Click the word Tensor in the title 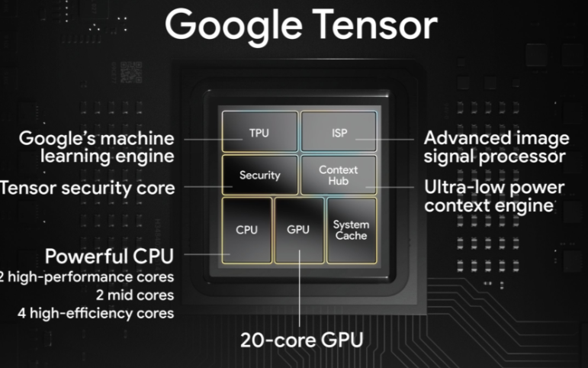tap(374, 24)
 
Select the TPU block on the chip tap(260, 131)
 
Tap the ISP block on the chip tap(339, 131)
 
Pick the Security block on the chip tap(260, 175)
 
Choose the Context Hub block tap(339, 175)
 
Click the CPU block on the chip tap(247, 231)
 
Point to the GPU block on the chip tap(299, 231)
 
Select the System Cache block tap(352, 231)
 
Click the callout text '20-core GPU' tap(302, 340)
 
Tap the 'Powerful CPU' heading tap(110, 256)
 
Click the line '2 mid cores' tap(135, 295)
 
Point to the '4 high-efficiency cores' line tap(96, 314)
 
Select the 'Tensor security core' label tap(88, 188)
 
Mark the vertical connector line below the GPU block tap(299, 289)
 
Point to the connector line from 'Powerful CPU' tap(207, 254)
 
